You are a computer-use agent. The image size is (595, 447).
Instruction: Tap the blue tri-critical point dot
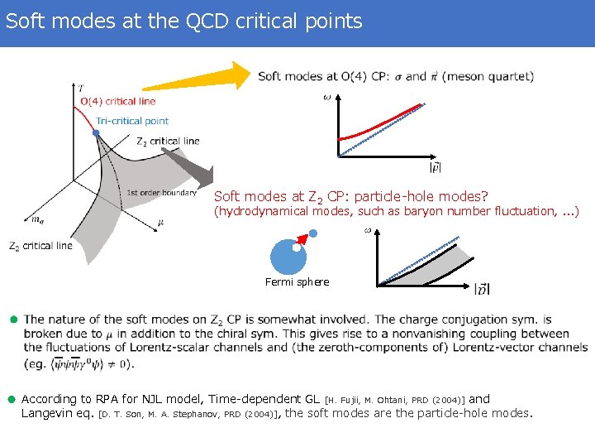coord(97,132)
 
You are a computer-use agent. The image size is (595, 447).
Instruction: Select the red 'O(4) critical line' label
coord(117,102)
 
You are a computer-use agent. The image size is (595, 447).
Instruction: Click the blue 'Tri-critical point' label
coord(132,121)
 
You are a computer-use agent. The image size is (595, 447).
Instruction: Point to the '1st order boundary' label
coord(161,194)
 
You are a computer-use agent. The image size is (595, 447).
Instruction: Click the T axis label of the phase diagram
coord(79,87)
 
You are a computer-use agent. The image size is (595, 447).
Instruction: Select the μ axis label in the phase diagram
coord(160,222)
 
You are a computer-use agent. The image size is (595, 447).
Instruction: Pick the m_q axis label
coord(38,219)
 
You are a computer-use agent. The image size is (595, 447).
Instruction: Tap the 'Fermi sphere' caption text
coord(297,282)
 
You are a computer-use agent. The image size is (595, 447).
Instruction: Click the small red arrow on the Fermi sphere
coord(302,239)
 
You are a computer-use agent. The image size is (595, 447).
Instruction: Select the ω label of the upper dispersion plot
coord(326,99)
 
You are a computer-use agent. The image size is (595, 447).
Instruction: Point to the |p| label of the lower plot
coord(482,289)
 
